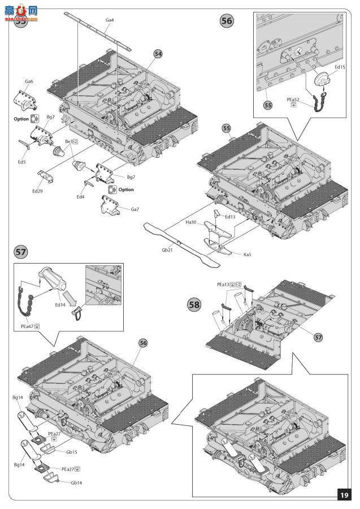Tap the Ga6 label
28,81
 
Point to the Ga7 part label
135,209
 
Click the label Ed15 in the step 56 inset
340,67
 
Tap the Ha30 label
190,222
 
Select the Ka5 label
248,255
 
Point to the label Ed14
60,304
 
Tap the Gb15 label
71,452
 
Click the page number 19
343,495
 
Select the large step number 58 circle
194,305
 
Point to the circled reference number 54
158,53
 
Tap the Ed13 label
229,217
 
